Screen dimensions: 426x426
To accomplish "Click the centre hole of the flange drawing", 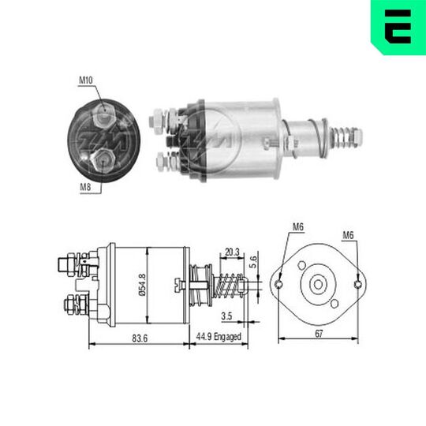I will tap(318, 282).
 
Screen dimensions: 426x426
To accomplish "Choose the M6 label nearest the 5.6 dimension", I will tap(297, 228).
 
